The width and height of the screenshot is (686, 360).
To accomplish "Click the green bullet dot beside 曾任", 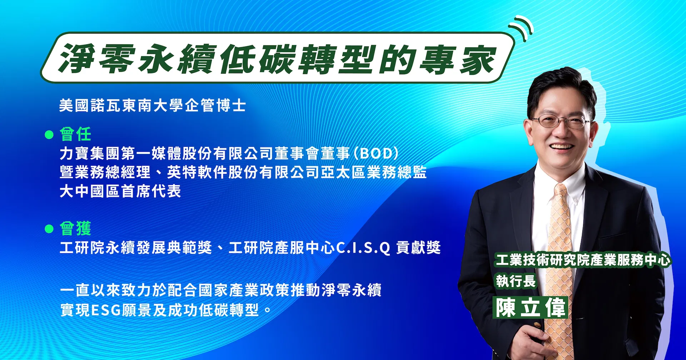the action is click(49, 135).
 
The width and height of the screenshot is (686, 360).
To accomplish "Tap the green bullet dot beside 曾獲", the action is click(49, 229).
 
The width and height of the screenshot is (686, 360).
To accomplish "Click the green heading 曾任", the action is click(75, 134).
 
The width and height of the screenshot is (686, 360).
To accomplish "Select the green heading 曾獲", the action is click(75, 228).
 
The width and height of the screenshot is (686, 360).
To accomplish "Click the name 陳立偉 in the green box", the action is click(531, 307).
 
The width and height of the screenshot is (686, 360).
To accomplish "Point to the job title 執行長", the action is click(516, 281).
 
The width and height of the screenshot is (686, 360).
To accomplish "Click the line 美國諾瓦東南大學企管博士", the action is click(153, 105).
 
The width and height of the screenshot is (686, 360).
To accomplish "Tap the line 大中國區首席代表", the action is click(120, 191).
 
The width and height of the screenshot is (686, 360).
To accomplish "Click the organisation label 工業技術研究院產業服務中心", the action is click(583, 260).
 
